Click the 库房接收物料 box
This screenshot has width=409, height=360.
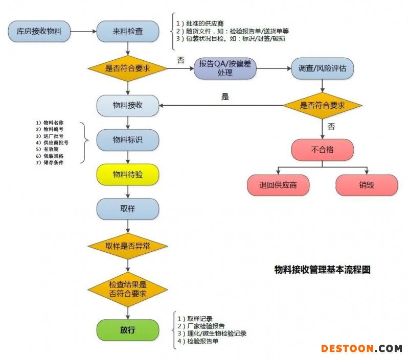pos(39,32)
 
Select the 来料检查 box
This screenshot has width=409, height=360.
pos(128,32)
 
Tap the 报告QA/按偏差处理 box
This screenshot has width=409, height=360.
pos(225,68)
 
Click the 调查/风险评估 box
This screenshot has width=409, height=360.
pos(322,68)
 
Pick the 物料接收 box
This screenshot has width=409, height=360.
pos(128,105)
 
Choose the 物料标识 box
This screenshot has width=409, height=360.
pos(128,140)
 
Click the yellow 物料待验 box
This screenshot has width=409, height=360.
pos(128,175)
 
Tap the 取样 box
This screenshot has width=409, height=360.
pos(128,209)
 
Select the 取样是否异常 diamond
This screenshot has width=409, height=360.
pos(128,246)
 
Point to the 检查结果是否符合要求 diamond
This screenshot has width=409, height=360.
pos(128,289)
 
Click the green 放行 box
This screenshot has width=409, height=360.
pos(128,329)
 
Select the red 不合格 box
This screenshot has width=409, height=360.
pos(322,150)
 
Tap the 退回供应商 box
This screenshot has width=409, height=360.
pos(279,185)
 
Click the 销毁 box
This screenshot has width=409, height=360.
pos(367,185)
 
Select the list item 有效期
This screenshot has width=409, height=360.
pos(51,149)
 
